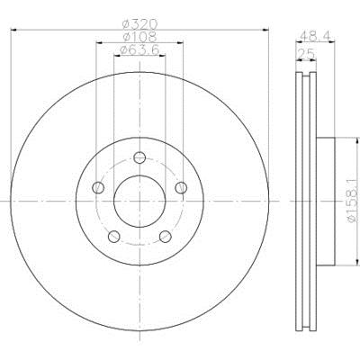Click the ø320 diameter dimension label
coord(139,24)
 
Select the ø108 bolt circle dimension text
coord(139,37)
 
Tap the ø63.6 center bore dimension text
coord(139,50)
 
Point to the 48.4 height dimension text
coord(315,36)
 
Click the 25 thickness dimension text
coord(306,54)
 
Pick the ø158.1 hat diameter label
coord(353,201)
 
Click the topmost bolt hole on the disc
coord(139,157)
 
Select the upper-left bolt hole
coord(98,188)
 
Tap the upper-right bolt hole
coord(181,188)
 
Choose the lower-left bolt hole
coord(113,237)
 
